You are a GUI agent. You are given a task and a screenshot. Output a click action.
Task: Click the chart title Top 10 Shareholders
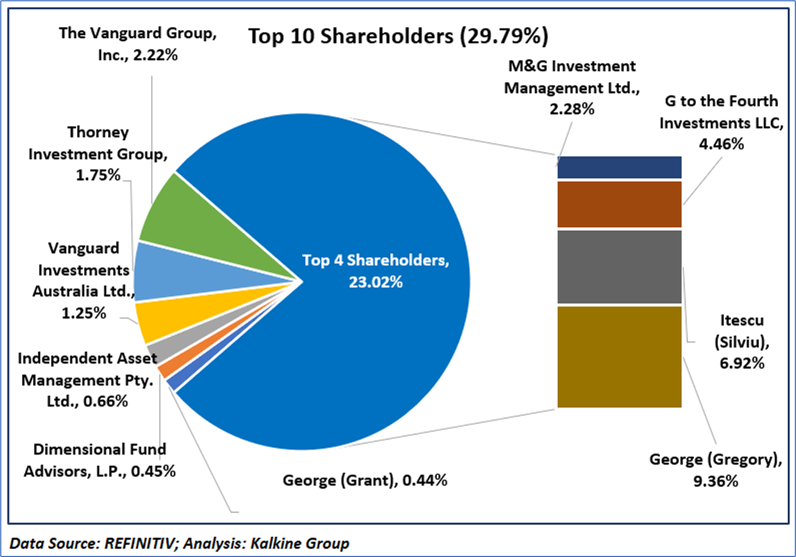tap(397, 36)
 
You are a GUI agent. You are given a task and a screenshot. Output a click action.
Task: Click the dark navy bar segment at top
tap(619, 167)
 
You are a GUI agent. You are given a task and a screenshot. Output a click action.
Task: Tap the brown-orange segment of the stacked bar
tap(619, 204)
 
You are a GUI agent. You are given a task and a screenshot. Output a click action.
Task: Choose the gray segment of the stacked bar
tap(619, 266)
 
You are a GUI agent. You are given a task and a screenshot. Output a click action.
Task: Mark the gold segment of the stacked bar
tap(619, 357)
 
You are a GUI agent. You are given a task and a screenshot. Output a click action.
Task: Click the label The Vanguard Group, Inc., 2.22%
tap(138, 44)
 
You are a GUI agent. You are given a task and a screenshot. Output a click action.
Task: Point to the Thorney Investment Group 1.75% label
tap(99, 154)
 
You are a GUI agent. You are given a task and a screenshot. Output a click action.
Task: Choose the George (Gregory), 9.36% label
tap(715, 469)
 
